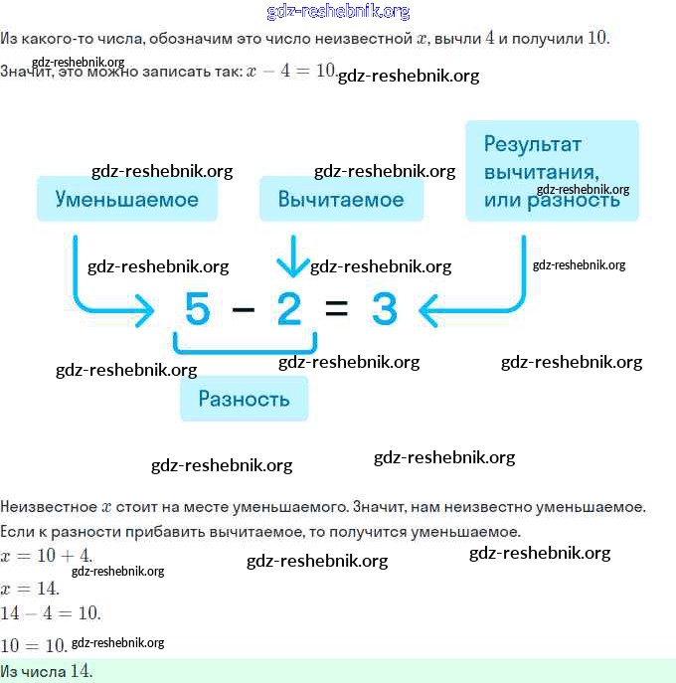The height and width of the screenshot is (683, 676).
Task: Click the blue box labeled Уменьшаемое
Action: point(126,199)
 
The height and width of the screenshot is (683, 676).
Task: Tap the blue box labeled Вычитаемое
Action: point(341,199)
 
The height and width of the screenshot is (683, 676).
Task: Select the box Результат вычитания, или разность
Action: point(552,171)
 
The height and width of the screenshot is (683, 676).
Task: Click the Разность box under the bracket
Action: point(244,399)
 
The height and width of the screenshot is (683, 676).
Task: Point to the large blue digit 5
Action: point(198,310)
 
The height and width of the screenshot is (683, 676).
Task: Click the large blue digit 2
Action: point(288,310)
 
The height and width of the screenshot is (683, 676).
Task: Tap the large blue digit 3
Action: point(384,310)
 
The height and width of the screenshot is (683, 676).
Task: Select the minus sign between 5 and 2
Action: point(243,310)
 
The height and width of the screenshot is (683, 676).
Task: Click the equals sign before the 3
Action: point(337,310)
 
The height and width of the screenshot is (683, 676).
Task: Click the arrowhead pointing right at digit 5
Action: point(145,311)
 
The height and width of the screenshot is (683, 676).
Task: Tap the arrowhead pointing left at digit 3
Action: point(429,311)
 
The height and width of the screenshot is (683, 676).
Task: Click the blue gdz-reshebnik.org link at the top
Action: point(338,12)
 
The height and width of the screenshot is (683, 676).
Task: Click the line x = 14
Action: point(31,588)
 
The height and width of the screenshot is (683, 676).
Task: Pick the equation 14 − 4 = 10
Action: point(50,612)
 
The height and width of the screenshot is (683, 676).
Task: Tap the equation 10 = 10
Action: point(34,644)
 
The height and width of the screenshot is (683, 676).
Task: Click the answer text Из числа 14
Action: point(47,671)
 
